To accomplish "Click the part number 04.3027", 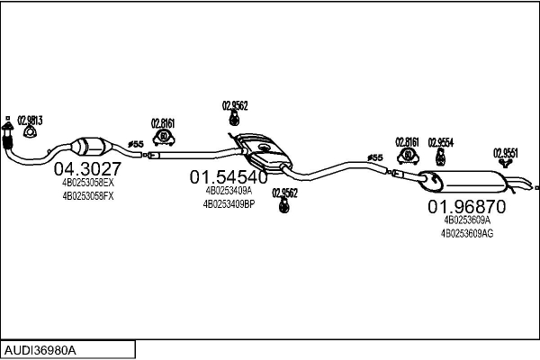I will pos(87,168).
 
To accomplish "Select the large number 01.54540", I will pos(228,177).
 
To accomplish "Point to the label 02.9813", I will pos(30,121).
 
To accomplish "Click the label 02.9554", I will pos(440,142).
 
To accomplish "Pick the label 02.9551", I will pos(505,152).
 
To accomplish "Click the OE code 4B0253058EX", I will pos(88,182).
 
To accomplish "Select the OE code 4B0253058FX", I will pos(88,194).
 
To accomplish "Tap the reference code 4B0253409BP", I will pos(229,203).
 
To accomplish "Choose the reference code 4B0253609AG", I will pos(466,232).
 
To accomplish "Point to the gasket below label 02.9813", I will pos(30,135).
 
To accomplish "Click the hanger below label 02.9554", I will pos(440,157).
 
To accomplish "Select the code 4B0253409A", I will pos(229,191).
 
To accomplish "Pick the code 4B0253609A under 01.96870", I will pos(466,219).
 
